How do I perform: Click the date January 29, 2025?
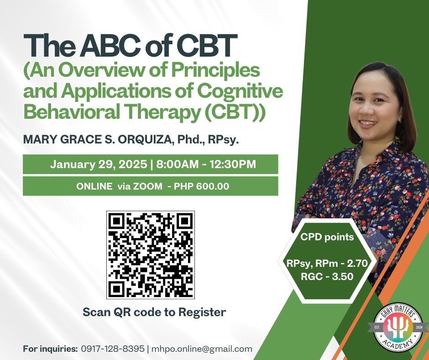[x=99, y=164]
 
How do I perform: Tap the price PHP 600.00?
[x=201, y=186]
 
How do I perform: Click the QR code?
[x=151, y=255]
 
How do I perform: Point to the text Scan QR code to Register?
[x=154, y=312]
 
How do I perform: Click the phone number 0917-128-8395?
[x=112, y=349]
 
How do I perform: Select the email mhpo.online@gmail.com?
[x=202, y=349]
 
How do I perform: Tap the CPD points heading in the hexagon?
[x=327, y=237]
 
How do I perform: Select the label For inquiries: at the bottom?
[x=51, y=349]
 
